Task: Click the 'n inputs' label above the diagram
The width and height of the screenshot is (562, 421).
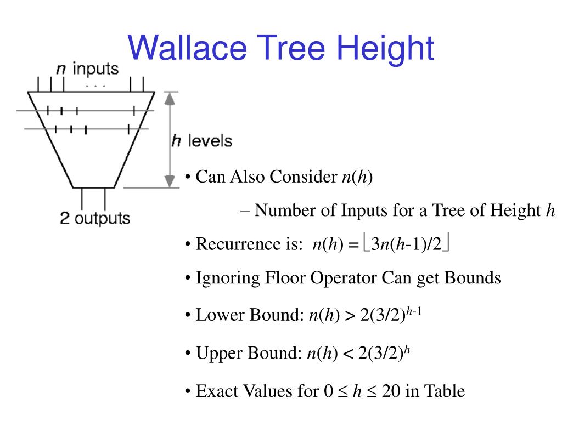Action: tap(87, 69)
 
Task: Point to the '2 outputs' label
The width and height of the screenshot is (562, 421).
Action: tap(95, 218)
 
